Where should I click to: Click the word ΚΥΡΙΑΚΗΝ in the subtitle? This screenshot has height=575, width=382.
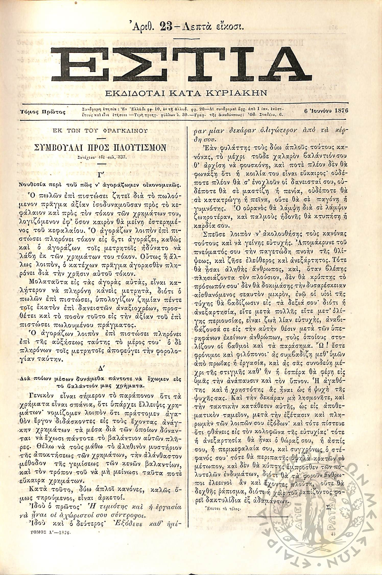click(x=239, y=93)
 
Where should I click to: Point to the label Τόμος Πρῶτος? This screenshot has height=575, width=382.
click(x=42, y=112)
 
